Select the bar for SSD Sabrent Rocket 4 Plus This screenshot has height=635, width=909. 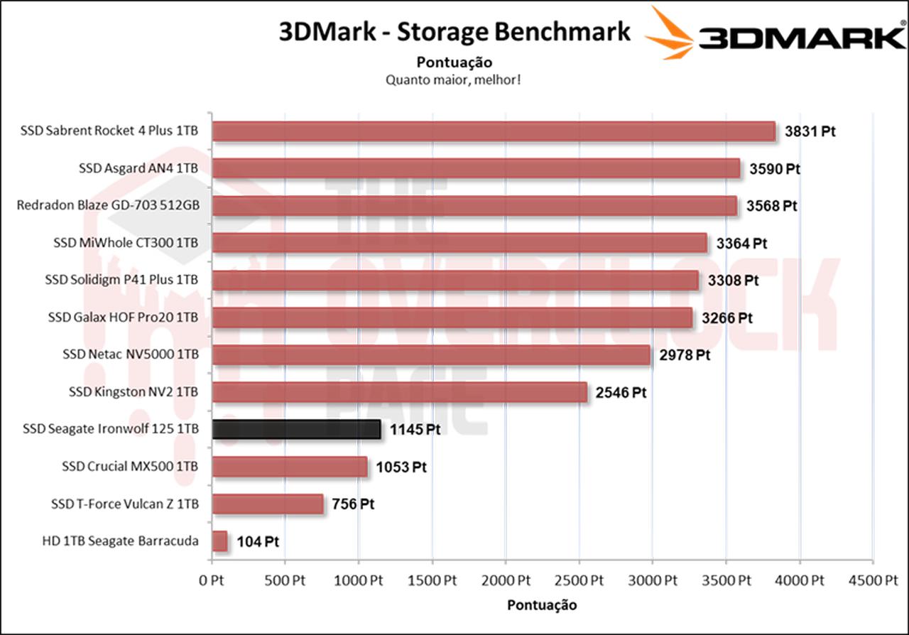tap(494, 131)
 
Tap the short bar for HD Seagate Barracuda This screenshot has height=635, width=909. tap(219, 541)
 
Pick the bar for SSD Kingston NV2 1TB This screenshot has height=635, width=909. tap(399, 392)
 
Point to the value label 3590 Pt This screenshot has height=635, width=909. tap(775, 169)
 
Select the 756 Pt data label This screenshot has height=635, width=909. tap(353, 504)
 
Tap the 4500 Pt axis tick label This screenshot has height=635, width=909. tap(873, 580)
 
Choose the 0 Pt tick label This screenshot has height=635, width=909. tap(212, 580)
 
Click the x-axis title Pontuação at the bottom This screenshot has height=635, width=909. tap(542, 605)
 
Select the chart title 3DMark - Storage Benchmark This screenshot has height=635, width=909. tap(455, 31)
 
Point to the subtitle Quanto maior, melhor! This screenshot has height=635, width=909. tap(454, 80)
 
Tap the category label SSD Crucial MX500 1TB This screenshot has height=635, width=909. tap(130, 467)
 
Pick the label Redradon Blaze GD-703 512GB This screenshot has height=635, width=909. tap(108, 205)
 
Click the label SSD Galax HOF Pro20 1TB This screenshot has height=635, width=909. tap(123, 317)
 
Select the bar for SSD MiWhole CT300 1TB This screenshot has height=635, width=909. tap(459, 243)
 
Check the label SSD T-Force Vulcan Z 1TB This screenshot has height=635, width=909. tap(124, 504)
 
